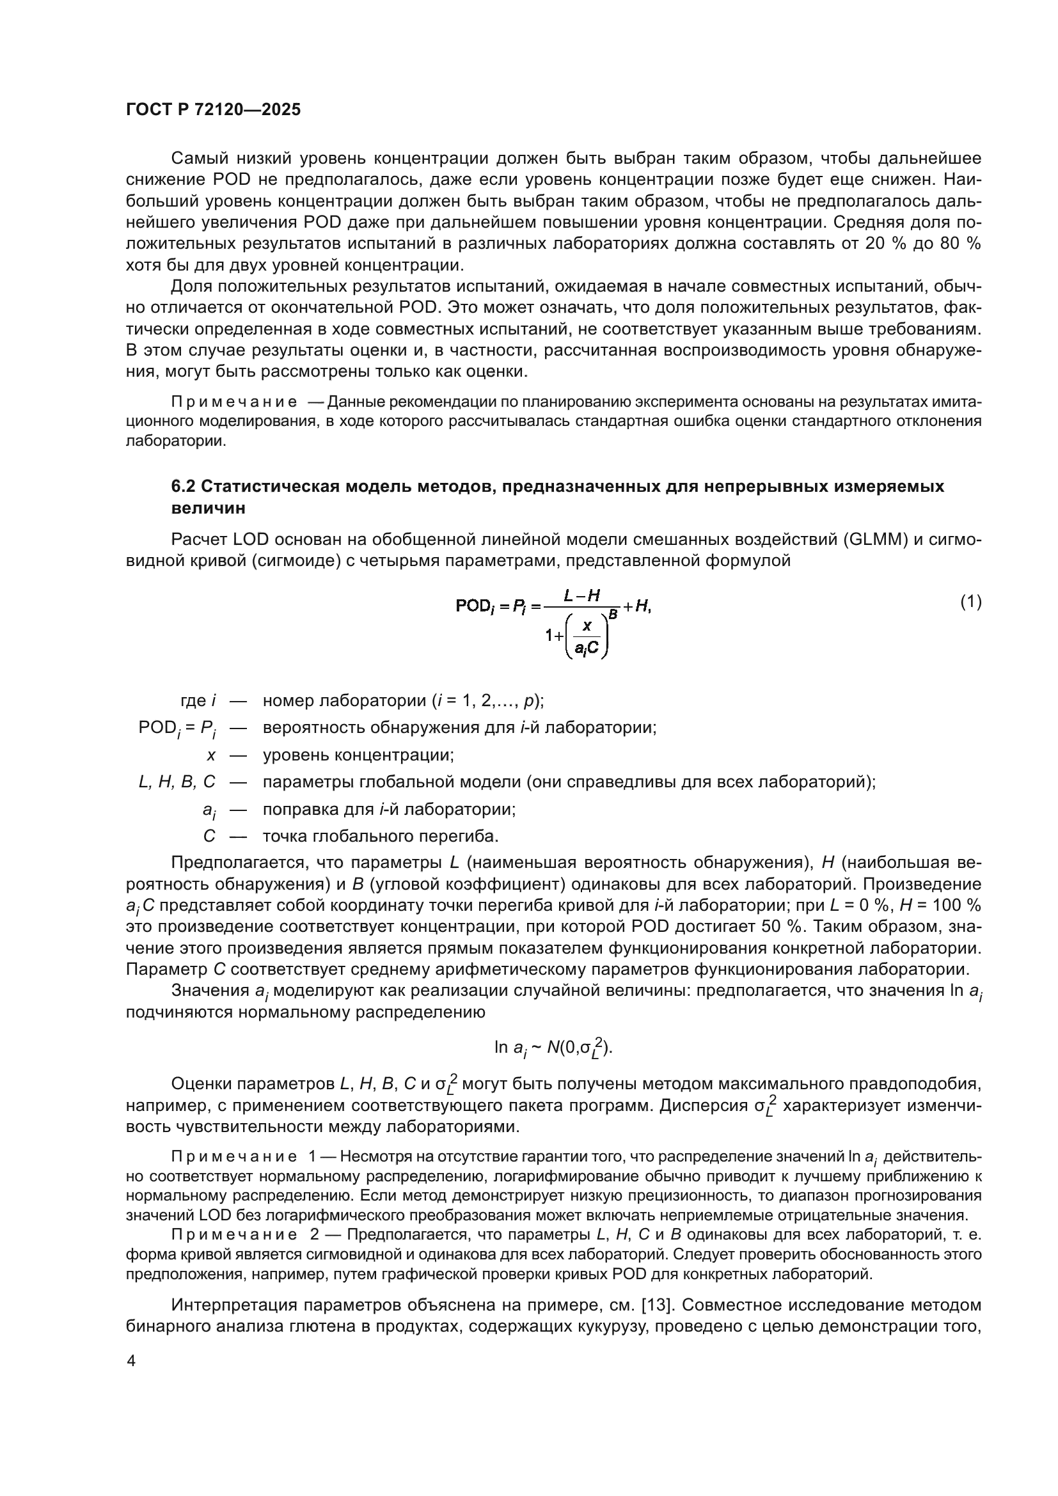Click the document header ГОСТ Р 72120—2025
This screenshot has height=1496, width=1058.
click(x=213, y=109)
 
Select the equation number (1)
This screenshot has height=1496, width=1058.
click(x=971, y=602)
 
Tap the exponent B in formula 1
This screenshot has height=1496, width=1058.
click(x=612, y=613)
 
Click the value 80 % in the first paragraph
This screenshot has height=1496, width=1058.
click(x=959, y=244)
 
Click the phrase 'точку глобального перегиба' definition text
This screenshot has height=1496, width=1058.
click(x=381, y=836)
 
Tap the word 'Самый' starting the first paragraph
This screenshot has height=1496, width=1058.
click(x=193, y=159)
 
